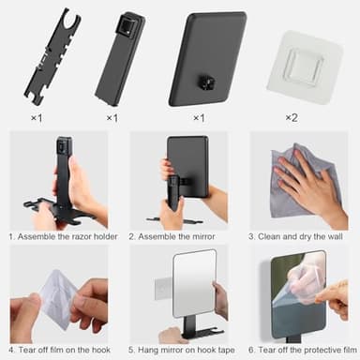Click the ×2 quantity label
(x=292, y=117)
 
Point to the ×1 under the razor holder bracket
(x=37, y=117)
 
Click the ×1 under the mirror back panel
(x=198, y=117)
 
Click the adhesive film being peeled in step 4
(x=47, y=291)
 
